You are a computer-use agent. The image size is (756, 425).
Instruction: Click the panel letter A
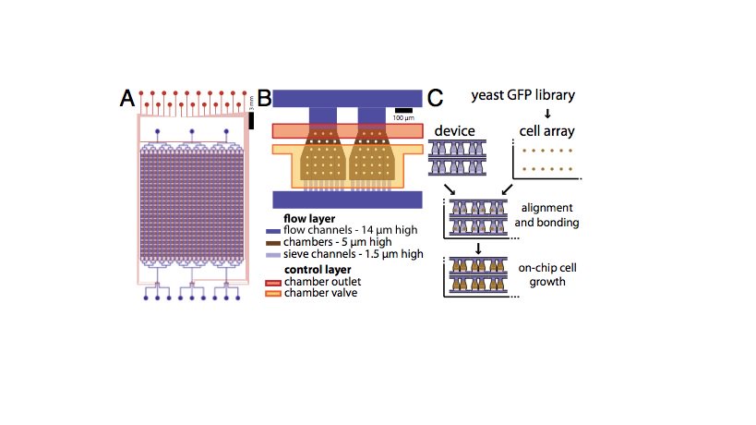click(128, 99)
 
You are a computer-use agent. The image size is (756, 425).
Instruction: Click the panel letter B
click(263, 98)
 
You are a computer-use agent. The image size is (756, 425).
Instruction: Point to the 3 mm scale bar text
click(251, 104)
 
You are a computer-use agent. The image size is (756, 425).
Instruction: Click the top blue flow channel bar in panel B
click(347, 99)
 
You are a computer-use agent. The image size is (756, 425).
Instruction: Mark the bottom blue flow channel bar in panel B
click(347, 200)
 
